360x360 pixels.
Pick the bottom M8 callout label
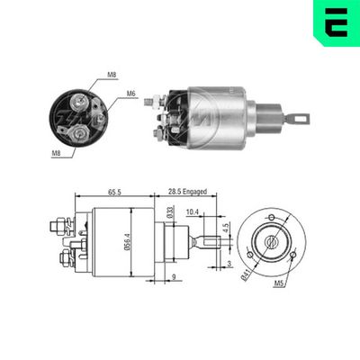56,154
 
